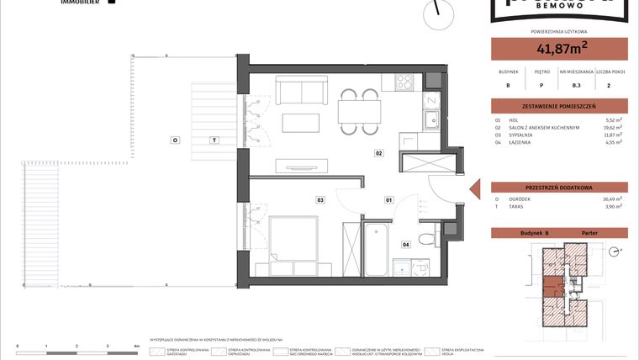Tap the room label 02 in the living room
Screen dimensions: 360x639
(379, 154)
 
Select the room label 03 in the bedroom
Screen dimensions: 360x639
(320, 200)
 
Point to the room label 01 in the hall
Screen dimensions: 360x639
(389, 200)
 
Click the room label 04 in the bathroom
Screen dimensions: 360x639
(405, 245)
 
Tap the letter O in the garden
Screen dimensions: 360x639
(175, 139)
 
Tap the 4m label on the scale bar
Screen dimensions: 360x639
(136, 346)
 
